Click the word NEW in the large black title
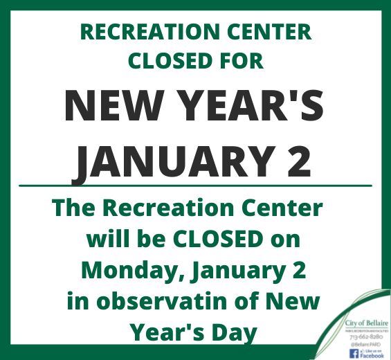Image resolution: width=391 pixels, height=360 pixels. pyautogui.click(x=114, y=107)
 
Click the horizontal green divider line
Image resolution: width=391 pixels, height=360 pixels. pyautogui.click(x=195, y=186)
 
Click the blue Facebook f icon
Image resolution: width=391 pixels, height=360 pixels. pyautogui.click(x=353, y=353)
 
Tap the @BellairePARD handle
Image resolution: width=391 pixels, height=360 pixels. pyautogui.click(x=365, y=345)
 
